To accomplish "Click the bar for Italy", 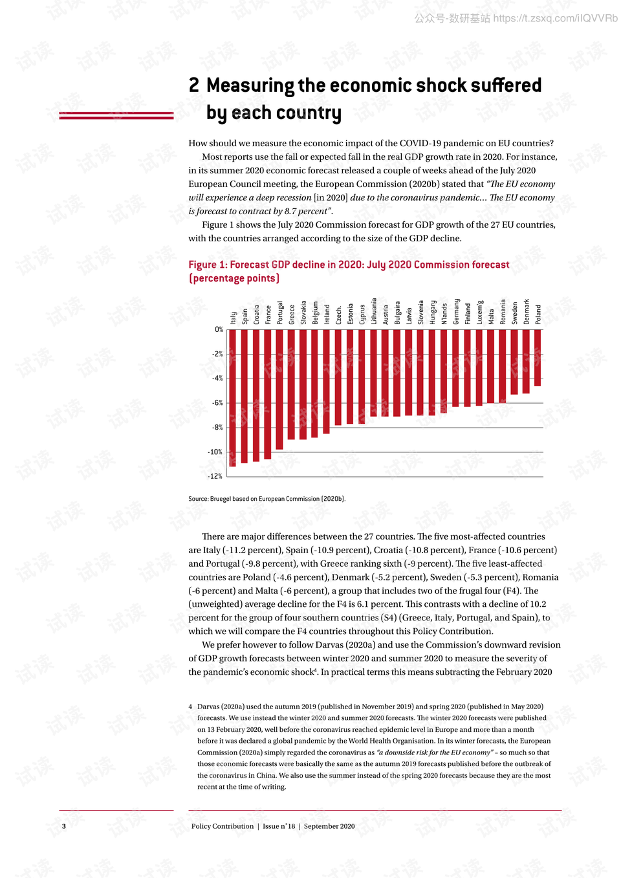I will (x=232, y=397).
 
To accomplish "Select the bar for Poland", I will (x=538, y=358).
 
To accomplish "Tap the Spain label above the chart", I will (x=245, y=316).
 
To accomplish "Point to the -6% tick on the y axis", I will (x=217, y=403).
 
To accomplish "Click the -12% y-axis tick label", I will (x=215, y=476).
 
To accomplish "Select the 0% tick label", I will (x=219, y=329).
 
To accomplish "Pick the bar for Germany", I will (x=455, y=368).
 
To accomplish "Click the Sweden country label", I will (x=515, y=313).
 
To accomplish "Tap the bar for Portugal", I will (x=279, y=389).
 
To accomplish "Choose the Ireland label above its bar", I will (x=327, y=314).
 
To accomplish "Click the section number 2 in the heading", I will (x=194, y=85).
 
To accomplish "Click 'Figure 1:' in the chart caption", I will (x=208, y=265).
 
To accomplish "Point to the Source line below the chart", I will (x=267, y=499).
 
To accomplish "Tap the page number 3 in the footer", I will (x=63, y=826).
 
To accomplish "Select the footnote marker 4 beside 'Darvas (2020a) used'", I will (x=190, y=707).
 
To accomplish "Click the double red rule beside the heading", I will (x=116, y=116).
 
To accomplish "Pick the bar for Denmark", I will (x=526, y=361).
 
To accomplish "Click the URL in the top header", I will (x=555, y=18).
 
